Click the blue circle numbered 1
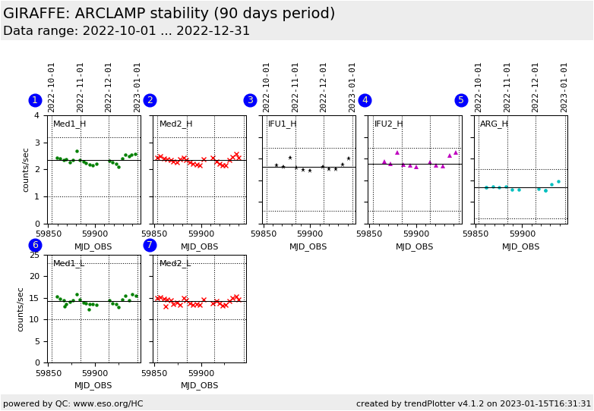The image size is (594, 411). (35, 100)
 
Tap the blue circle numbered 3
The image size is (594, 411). (250, 100)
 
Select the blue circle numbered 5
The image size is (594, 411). (461, 100)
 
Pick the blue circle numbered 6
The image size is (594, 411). (35, 245)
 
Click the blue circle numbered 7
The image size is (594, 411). (150, 245)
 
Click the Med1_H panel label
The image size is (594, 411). (69, 124)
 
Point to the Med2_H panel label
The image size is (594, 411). (175, 124)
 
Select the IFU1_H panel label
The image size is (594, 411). (282, 124)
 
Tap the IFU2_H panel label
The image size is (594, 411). (388, 124)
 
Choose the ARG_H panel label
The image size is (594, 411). (494, 124)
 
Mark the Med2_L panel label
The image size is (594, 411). (175, 264)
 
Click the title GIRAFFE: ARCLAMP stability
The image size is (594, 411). (169, 14)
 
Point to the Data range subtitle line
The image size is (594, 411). (126, 31)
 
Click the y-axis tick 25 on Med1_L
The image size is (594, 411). (33, 255)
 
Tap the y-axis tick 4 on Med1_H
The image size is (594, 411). (36, 115)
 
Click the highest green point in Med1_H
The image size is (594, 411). (77, 151)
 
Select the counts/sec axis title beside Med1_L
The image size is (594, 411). (21, 309)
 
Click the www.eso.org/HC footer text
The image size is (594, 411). (73, 403)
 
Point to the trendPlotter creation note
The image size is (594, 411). (473, 403)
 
